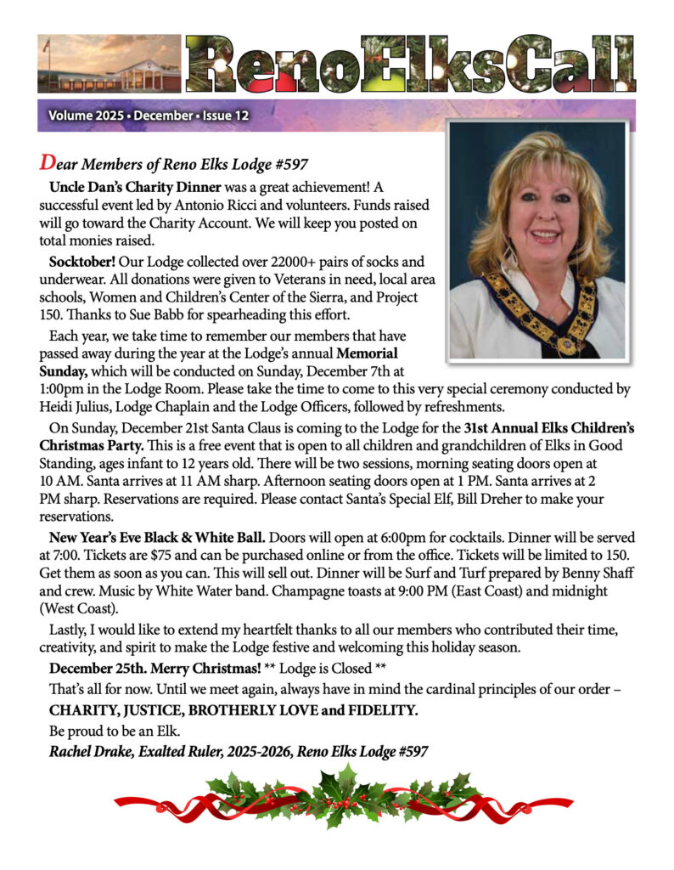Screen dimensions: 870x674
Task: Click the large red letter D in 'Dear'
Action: (x=48, y=161)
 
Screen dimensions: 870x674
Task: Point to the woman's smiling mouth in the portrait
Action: (x=544, y=235)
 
